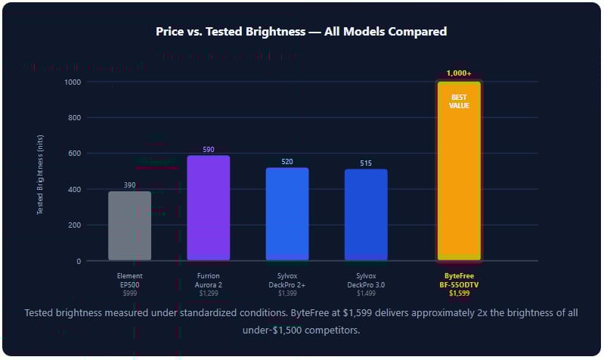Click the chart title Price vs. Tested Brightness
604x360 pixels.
[301, 32]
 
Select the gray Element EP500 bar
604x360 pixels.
[129, 226]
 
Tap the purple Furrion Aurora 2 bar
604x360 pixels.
[208, 208]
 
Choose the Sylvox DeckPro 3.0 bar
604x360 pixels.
[366, 215]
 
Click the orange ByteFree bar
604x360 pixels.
[459, 182]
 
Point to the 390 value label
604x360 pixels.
[129, 185]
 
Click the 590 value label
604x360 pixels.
[208, 150]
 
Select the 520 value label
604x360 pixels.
[287, 162]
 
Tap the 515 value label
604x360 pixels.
[366, 163]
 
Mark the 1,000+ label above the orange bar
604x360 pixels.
[459, 73]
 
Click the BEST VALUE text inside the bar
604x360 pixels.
[459, 101]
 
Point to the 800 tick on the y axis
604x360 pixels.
[74, 118]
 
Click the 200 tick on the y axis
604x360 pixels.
[74, 225]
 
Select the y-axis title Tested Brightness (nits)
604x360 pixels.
[41, 171]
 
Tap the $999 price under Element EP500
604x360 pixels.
[129, 293]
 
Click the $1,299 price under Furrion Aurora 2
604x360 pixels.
[208, 293]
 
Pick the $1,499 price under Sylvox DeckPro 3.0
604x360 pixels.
[366, 293]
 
